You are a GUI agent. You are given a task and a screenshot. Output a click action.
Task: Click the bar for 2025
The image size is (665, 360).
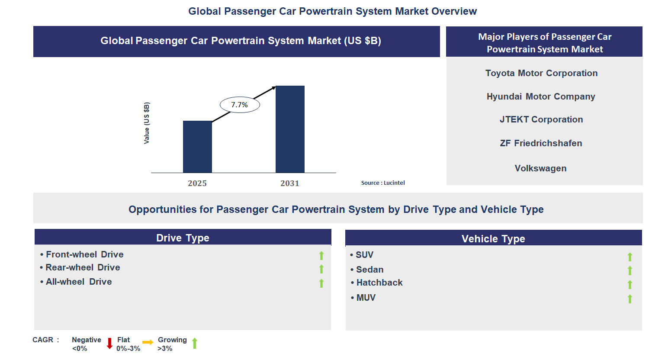(197, 147)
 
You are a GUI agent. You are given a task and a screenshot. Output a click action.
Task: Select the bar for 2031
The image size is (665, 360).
(290, 129)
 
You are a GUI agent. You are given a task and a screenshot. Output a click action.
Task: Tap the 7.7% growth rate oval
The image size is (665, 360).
(240, 105)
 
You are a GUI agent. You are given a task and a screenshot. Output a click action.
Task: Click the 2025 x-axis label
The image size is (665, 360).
(197, 183)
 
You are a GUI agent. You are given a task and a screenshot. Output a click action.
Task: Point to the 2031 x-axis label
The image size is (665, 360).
(290, 183)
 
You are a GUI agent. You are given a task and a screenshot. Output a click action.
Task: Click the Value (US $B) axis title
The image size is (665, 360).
(147, 123)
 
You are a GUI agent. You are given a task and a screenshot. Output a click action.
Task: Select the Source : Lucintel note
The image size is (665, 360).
(383, 183)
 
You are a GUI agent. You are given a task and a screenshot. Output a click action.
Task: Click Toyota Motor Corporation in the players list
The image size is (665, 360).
(541, 73)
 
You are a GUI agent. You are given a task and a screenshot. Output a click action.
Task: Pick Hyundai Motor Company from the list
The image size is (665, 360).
(541, 96)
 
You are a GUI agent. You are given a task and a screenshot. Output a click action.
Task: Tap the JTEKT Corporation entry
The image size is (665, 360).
(541, 119)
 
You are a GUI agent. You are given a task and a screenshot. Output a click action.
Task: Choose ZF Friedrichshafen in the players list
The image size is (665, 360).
(541, 143)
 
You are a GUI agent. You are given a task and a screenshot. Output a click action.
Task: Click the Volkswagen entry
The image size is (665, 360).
(540, 168)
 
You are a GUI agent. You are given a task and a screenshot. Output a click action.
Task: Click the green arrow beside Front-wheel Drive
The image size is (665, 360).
(321, 256)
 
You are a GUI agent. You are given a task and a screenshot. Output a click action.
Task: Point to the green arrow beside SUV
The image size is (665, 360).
(630, 257)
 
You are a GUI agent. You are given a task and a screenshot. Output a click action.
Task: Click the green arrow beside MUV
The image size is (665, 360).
(630, 299)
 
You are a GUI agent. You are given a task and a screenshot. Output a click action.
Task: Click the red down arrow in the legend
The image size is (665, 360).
(109, 344)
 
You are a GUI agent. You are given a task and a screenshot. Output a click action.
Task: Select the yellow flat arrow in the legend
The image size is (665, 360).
(148, 342)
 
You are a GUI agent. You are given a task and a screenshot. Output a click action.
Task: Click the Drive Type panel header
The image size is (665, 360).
(183, 238)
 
